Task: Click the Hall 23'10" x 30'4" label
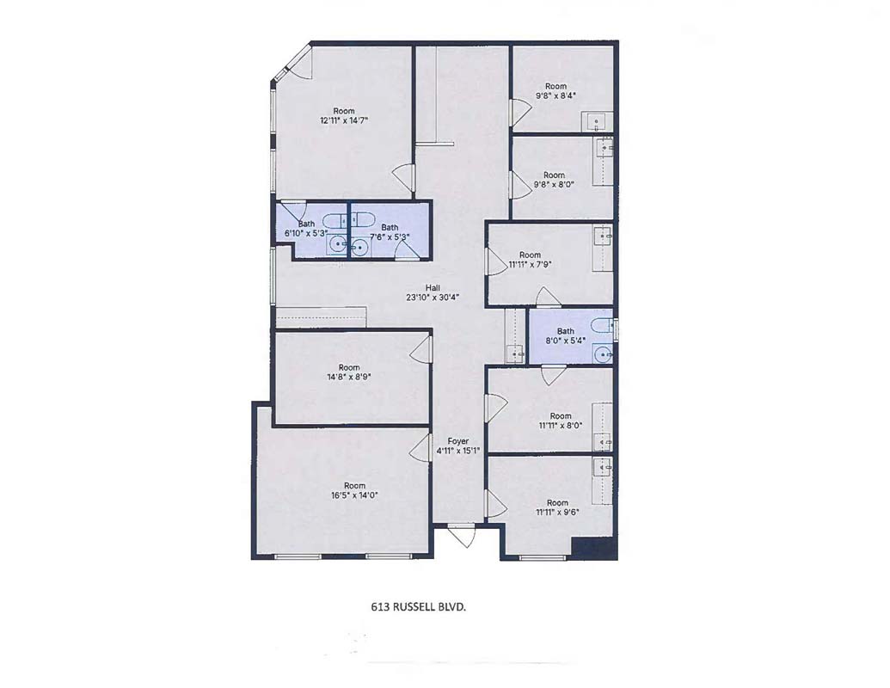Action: pyautogui.click(x=433, y=292)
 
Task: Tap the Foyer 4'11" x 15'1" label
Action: pyautogui.click(x=458, y=446)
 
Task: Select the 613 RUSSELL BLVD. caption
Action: pyautogui.click(x=418, y=607)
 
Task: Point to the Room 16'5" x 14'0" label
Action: pyautogui.click(x=354, y=490)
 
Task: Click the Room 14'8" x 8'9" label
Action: pyautogui.click(x=349, y=372)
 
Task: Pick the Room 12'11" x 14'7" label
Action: pyautogui.click(x=343, y=115)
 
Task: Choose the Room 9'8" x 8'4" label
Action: pyautogui.click(x=555, y=91)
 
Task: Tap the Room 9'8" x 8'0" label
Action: pyautogui.click(x=554, y=180)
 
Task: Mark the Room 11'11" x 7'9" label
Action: pyautogui.click(x=531, y=260)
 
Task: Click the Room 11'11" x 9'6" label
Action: pyautogui.click(x=557, y=507)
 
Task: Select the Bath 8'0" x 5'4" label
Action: pyautogui.click(x=565, y=335)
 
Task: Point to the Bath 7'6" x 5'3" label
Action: pyautogui.click(x=390, y=231)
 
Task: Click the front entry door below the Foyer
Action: pyautogui.click(x=465, y=535)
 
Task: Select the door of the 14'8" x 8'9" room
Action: pyautogui.click(x=420, y=347)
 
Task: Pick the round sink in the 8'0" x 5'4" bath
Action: pyautogui.click(x=602, y=354)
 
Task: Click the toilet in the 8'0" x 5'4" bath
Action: pyautogui.click(x=602, y=325)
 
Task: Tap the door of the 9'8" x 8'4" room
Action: pyautogui.click(x=518, y=113)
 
